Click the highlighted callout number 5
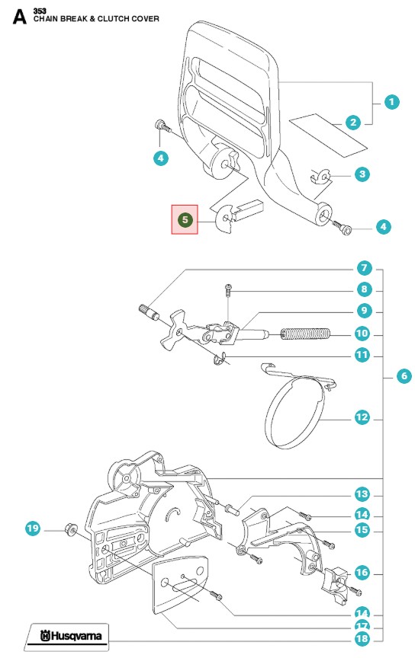pyautogui.click(x=185, y=219)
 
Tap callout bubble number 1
pyautogui.click(x=391, y=101)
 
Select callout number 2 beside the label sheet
pyautogui.click(x=353, y=122)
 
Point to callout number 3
pyautogui.click(x=362, y=174)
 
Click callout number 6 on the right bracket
pyautogui.click(x=404, y=375)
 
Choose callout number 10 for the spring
pyautogui.click(x=362, y=334)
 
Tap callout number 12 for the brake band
pyautogui.click(x=362, y=417)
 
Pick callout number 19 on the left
pyautogui.click(x=33, y=528)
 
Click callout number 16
pyautogui.click(x=362, y=572)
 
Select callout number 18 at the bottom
pyautogui.click(x=362, y=639)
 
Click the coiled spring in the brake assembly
pyautogui.click(x=306, y=334)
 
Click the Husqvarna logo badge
pyautogui.click(x=68, y=636)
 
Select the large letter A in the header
pyautogui.click(x=19, y=17)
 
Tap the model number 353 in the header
pyautogui.click(x=40, y=11)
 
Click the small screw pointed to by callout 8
pyautogui.click(x=228, y=289)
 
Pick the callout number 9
pyautogui.click(x=364, y=311)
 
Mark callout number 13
pyautogui.click(x=362, y=494)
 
